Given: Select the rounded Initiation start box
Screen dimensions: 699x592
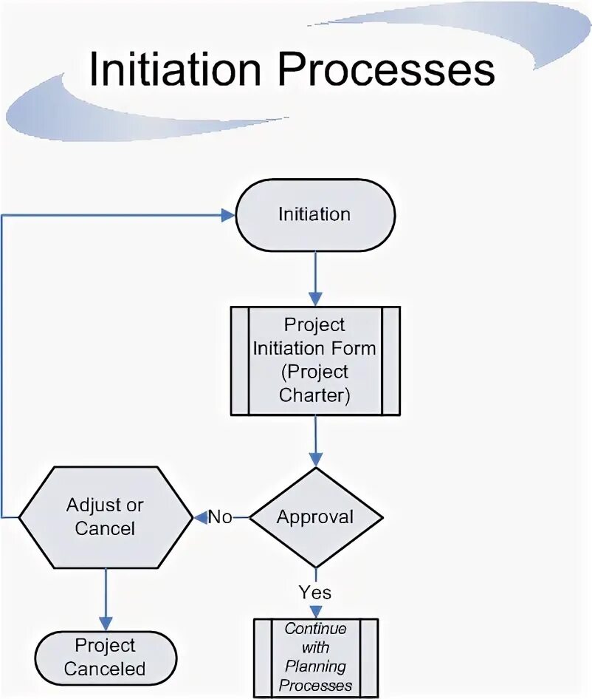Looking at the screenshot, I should [315, 214].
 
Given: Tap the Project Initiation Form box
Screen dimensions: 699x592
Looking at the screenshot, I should [315, 360].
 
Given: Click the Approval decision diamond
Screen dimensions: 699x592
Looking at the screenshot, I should [315, 516].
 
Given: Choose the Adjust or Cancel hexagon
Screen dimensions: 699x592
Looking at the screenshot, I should [105, 516].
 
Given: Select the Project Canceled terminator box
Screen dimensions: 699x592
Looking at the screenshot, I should [105, 657].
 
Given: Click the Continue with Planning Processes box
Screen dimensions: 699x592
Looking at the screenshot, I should [315, 658].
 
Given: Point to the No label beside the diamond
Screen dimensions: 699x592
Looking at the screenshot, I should [220, 516].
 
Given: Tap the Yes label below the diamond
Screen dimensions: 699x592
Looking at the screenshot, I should [315, 592].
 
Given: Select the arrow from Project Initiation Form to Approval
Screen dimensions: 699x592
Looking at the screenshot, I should [315, 440].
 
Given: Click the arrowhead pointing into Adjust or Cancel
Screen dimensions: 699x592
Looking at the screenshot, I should [199, 517].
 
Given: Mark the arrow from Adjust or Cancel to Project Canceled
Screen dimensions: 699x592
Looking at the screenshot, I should [106, 599].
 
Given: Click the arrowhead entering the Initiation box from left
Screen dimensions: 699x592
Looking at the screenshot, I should [227, 215].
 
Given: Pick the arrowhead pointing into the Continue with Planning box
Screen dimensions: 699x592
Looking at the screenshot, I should [315, 612].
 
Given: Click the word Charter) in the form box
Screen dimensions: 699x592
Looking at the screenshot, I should [314, 395].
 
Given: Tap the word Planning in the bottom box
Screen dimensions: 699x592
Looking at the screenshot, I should [315, 666].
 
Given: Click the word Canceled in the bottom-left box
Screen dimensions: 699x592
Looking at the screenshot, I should [105, 669].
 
